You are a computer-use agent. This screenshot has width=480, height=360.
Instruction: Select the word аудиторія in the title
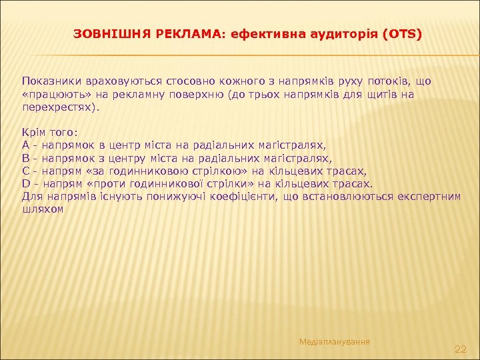[x=346, y=33]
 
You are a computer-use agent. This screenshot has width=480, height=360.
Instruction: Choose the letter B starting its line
[x=26, y=159]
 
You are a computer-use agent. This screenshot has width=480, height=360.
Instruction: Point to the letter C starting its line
[x=26, y=171]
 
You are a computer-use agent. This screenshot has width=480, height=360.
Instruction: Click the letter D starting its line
[x=26, y=183]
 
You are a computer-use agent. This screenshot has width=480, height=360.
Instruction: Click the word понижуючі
[x=145, y=196]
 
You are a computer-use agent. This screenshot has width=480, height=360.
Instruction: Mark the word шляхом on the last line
[x=43, y=209]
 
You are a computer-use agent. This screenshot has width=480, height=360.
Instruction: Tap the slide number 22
[x=460, y=349]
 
